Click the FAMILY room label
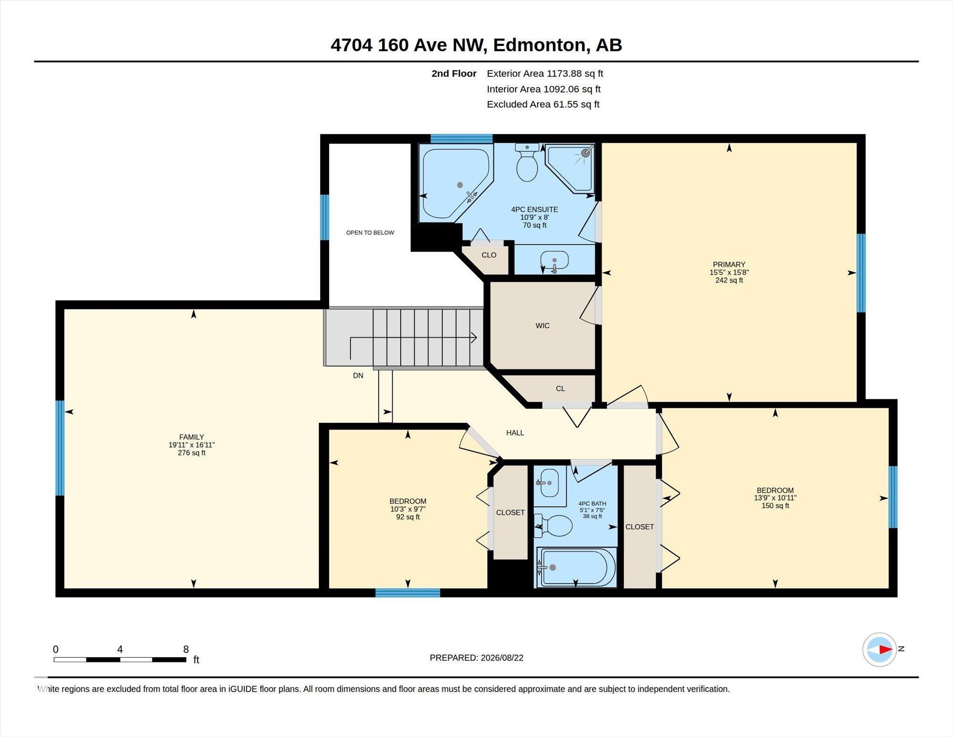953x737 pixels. point(192,437)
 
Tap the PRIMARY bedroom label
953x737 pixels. point(729,264)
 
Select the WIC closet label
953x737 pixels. point(543,326)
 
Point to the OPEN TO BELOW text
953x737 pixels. point(370,233)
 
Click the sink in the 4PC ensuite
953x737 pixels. point(555,261)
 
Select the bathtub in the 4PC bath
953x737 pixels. point(577,567)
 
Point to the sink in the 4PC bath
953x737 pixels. point(549,482)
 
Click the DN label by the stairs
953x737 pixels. point(358,376)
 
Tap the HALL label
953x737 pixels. point(515,433)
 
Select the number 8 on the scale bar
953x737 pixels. point(186,649)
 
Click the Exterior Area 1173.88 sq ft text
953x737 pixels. point(545,73)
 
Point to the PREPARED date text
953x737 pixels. point(476,658)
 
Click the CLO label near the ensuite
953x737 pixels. point(489,255)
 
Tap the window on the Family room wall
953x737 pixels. point(60,448)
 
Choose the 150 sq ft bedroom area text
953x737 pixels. point(775,506)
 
